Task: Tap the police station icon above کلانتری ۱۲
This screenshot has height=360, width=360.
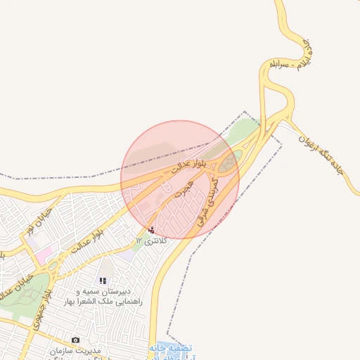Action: click(x=151, y=229)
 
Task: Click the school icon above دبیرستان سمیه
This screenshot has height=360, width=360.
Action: click(x=103, y=281)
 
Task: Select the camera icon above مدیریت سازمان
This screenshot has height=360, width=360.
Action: click(x=75, y=340)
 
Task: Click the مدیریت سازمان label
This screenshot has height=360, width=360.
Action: click(x=76, y=350)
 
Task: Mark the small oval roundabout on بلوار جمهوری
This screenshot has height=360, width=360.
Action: click(x=53, y=266)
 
